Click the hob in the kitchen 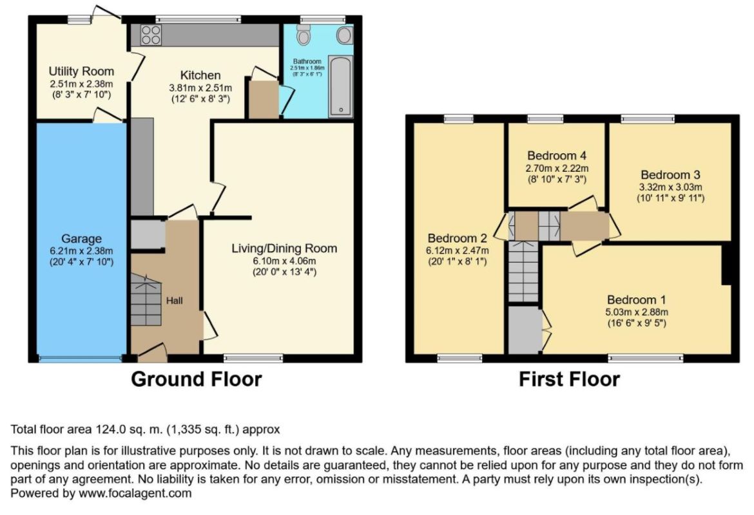click(151, 35)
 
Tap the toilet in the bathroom click(303, 34)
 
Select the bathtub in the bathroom click(340, 86)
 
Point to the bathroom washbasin click(344, 35)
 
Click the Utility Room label click(81, 71)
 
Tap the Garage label click(81, 239)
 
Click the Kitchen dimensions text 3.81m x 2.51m click(200, 88)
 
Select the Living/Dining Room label click(284, 248)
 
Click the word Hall click(175, 301)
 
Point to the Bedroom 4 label click(557, 156)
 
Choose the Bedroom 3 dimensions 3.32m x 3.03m click(670, 187)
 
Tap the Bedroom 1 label click(636, 300)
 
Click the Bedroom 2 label click(458, 238)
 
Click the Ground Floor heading click(196, 379)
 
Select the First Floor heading click(569, 379)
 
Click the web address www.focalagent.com click(135, 493)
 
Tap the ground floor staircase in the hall click(146, 300)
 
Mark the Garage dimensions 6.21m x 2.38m click(81, 251)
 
